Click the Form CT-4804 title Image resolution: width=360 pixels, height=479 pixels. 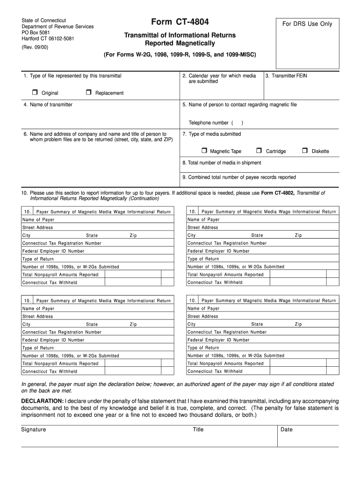pyautogui.click(x=180, y=22)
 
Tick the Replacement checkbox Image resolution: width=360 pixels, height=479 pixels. pyautogui.click(x=88, y=93)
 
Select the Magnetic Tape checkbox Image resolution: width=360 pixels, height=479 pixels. pyautogui.click(x=204, y=151)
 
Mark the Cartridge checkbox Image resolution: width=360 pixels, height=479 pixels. pyautogui.click(x=259, y=151)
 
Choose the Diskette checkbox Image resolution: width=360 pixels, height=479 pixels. pyautogui.click(x=305, y=151)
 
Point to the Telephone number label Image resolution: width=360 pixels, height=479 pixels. pyautogui.click(x=209, y=123)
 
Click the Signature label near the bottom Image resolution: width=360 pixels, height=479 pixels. pyautogui.click(x=34, y=429)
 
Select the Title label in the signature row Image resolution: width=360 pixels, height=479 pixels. pyautogui.click(x=198, y=429)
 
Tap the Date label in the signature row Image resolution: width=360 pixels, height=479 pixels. pyautogui.click(x=286, y=429)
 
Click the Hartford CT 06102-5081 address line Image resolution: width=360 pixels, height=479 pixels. pyautogui.click(x=48, y=39)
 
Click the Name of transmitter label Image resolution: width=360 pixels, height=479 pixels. pyautogui.click(x=48, y=105)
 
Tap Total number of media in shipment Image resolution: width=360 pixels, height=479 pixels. pyautogui.click(x=222, y=163)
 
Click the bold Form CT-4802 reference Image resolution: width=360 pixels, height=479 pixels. pyautogui.click(x=278, y=193)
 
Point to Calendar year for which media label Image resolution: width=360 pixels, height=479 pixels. pyautogui.click(x=219, y=76)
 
